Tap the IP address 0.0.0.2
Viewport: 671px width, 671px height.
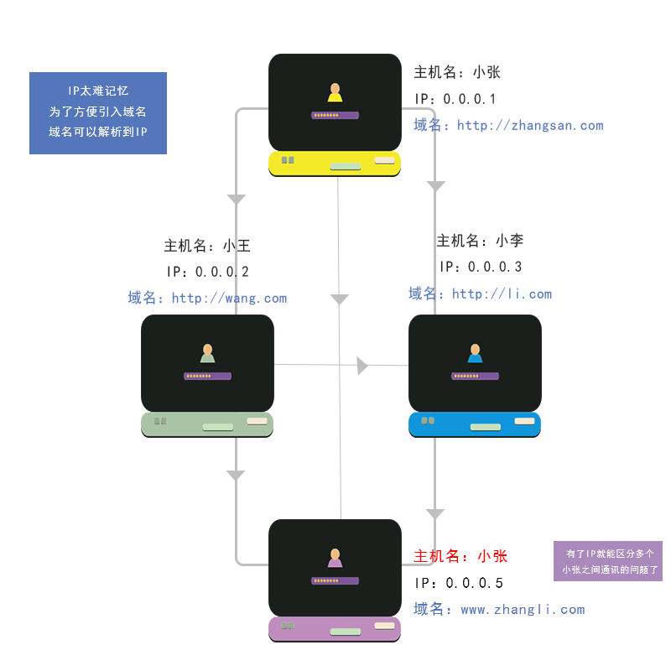pos(222,272)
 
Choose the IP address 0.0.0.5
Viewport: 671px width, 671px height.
pos(473,583)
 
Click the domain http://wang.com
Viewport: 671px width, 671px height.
pos(229,298)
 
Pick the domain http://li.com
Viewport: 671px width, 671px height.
pos(502,294)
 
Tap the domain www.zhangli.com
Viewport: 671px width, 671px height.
pos(523,610)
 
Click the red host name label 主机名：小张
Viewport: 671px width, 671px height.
pos(460,556)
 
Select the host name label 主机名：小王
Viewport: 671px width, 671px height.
pos(207,246)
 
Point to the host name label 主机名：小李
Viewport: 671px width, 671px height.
pos(480,241)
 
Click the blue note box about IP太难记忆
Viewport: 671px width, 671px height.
pos(98,112)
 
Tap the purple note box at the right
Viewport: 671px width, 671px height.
pos(608,561)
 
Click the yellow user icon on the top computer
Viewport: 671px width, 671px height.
pos(335,92)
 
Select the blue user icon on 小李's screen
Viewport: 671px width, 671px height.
pos(475,353)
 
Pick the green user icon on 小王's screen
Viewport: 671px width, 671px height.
pos(207,353)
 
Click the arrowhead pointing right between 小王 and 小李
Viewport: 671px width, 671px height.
pos(362,365)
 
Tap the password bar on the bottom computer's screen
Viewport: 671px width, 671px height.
pos(335,580)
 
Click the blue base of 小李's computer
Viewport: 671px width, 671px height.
pos(475,424)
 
